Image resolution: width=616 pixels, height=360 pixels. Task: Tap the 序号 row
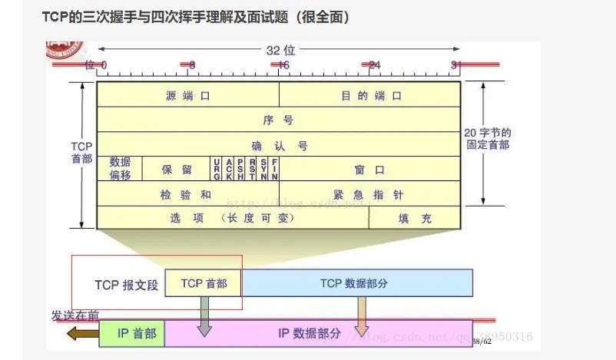point(278,120)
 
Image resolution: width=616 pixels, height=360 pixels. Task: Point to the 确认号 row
point(278,144)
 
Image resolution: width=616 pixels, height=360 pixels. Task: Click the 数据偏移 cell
point(120,168)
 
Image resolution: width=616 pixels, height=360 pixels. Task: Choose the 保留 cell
point(176,169)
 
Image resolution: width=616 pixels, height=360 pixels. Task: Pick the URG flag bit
point(217,169)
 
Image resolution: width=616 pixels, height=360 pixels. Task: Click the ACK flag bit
point(229,169)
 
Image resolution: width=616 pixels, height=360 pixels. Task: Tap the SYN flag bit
point(263,169)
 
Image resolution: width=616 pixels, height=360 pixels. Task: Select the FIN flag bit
point(274,169)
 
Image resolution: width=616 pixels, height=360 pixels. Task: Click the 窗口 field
point(369,169)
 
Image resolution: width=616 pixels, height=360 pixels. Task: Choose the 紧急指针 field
point(369,194)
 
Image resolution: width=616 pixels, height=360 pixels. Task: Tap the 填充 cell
point(415,218)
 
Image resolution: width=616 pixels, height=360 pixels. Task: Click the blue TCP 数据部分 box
point(357,283)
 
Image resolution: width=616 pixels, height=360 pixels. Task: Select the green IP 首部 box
point(131,333)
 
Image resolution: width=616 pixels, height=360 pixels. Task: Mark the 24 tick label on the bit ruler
point(374,65)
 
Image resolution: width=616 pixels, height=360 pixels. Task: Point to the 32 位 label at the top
point(279,50)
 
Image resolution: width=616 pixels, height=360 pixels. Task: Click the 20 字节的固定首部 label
point(488,139)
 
